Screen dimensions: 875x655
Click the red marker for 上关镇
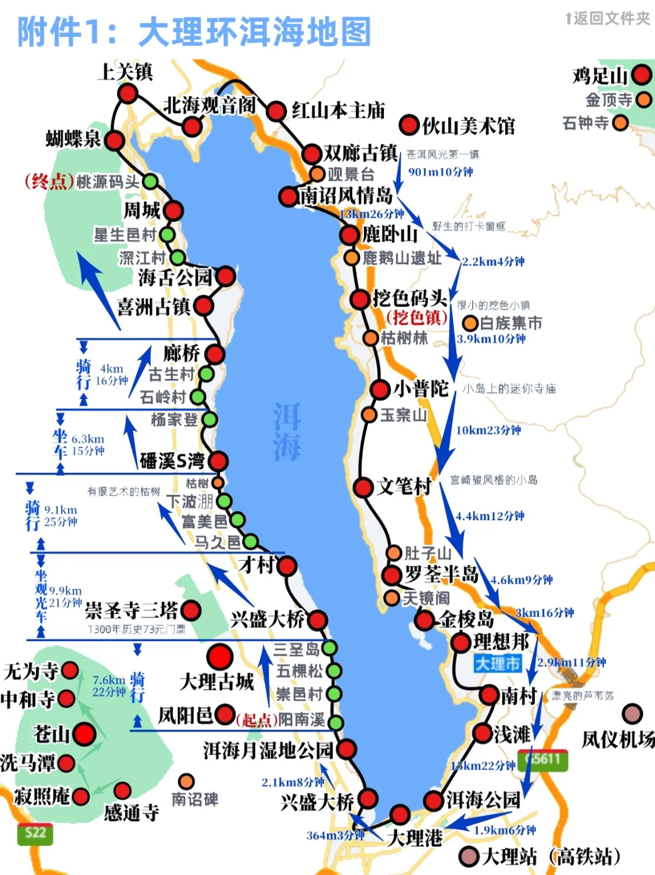point(127,93)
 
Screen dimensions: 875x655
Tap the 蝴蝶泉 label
point(73,139)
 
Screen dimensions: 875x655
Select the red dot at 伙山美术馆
point(409,126)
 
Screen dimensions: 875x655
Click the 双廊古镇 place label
point(360,153)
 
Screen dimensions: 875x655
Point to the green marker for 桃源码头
point(150,181)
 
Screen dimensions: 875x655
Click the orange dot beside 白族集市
point(470,323)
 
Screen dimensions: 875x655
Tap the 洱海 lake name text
point(286,432)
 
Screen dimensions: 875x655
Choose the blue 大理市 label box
point(498,663)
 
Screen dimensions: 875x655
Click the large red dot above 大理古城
point(220,657)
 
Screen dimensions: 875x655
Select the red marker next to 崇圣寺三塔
point(191,610)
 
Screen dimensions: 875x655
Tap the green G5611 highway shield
point(543,760)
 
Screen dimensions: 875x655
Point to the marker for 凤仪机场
point(632,714)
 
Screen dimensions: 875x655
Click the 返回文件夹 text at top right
point(608,19)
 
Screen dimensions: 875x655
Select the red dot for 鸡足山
point(642,76)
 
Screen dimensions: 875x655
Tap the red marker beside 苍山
point(84,734)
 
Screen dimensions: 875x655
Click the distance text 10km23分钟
point(488,431)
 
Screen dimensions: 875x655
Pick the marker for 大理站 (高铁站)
point(469,856)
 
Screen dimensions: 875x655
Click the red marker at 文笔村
point(363,487)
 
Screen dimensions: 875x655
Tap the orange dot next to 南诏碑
point(187,782)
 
